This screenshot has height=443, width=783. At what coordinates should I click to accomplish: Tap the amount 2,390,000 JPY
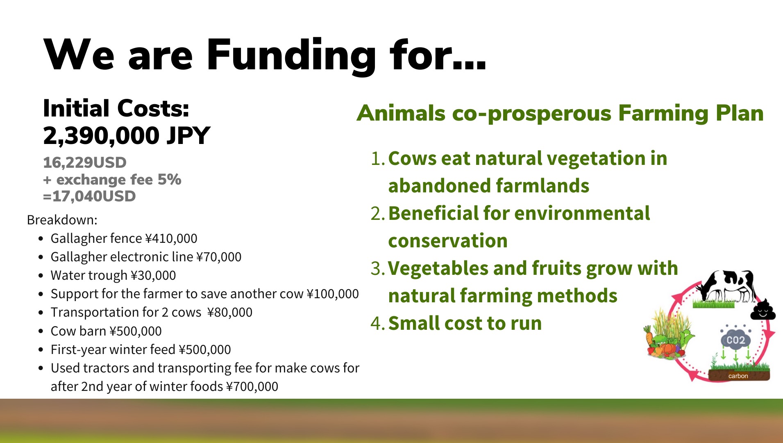(x=126, y=136)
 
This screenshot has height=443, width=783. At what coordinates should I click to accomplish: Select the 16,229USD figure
(x=85, y=162)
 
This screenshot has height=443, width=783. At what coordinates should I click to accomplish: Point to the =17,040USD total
(x=89, y=196)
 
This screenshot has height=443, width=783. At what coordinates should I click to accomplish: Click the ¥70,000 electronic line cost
(x=219, y=257)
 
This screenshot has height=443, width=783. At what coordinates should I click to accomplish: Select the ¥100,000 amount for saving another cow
(x=333, y=294)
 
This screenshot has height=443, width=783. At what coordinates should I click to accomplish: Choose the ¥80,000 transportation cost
(x=230, y=312)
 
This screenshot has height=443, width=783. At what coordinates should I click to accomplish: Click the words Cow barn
(x=78, y=331)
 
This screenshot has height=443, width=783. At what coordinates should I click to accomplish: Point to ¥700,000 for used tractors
(x=252, y=386)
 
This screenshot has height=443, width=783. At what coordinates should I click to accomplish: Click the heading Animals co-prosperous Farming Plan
(x=560, y=113)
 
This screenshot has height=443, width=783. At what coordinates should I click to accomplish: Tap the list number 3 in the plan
(x=377, y=269)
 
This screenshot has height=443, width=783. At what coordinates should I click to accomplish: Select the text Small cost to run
(x=465, y=323)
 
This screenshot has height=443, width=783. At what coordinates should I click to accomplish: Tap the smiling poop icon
(x=763, y=309)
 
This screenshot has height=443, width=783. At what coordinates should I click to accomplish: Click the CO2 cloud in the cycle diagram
(x=736, y=339)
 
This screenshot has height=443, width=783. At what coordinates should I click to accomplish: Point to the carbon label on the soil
(x=738, y=376)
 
